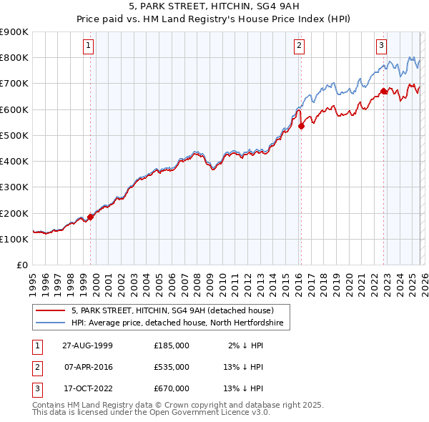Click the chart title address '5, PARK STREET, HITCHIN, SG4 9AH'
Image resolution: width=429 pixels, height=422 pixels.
(x=214, y=7)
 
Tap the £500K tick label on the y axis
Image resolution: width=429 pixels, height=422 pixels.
(x=14, y=135)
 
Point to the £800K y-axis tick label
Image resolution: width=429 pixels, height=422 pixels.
(x=14, y=57)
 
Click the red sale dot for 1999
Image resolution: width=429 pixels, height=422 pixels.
(x=91, y=217)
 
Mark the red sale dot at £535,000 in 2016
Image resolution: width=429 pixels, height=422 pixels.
(x=301, y=126)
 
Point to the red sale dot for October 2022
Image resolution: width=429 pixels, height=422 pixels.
(x=383, y=91)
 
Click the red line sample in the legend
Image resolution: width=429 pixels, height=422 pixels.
(x=50, y=310)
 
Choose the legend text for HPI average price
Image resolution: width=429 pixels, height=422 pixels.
(x=177, y=323)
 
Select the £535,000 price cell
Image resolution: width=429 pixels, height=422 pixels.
(x=171, y=366)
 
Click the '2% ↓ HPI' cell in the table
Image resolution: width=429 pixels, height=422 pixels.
(x=245, y=345)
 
